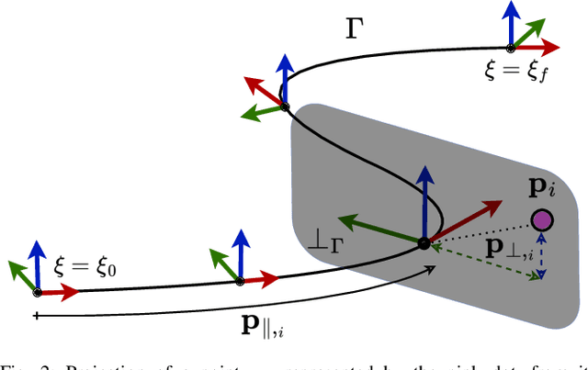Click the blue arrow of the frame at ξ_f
click(x=511, y=23)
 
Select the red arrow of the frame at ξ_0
click(x=59, y=292)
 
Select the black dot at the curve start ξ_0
click(x=37, y=292)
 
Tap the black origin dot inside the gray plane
click(x=424, y=243)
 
